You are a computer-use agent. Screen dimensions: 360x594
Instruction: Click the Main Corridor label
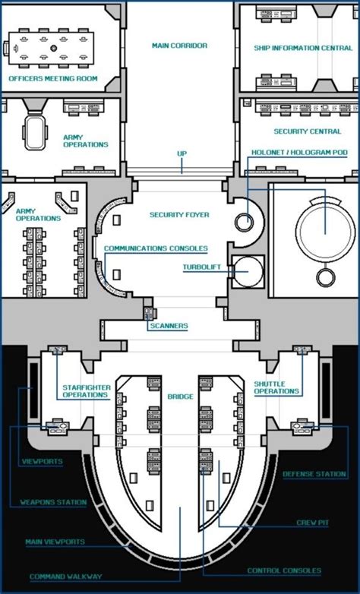click(180, 46)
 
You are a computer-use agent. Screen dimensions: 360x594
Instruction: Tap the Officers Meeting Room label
click(53, 79)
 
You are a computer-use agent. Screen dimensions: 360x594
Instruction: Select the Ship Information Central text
click(303, 48)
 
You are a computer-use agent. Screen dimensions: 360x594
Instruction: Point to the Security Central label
click(308, 131)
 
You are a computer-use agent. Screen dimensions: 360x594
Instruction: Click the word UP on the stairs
click(182, 153)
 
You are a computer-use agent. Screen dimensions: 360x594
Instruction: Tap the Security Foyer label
click(179, 215)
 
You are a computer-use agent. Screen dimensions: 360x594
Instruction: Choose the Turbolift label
click(201, 267)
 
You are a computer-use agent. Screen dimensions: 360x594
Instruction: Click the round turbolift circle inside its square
click(248, 272)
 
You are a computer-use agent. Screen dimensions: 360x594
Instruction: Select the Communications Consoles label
click(156, 248)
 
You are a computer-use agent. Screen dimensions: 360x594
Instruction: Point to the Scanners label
click(169, 326)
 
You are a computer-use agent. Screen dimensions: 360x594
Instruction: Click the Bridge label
click(180, 397)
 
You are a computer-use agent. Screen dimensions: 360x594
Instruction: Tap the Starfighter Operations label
click(87, 391)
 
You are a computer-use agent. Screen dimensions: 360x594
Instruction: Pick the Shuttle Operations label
click(276, 387)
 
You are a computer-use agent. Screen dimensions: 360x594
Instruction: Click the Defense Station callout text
click(314, 474)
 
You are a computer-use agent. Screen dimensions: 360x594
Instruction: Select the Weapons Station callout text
click(53, 502)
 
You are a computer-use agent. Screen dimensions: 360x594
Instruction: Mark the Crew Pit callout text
click(313, 523)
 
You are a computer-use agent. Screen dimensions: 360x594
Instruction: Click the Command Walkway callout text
click(66, 577)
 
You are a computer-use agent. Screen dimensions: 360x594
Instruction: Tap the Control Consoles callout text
click(284, 570)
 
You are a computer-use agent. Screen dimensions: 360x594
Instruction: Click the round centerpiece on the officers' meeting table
click(54, 49)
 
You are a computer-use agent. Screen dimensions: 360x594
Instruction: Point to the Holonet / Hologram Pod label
click(299, 152)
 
